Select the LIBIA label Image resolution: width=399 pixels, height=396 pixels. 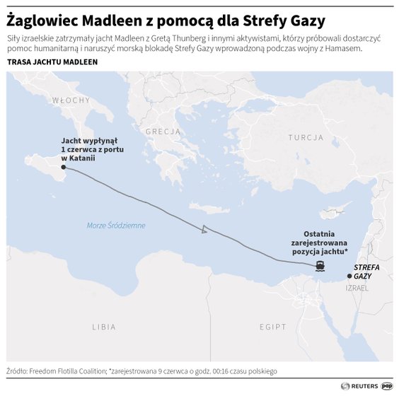[x=103, y=327]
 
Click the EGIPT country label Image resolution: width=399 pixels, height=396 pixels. [x=272, y=327]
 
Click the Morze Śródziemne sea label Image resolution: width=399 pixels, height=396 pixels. [x=115, y=226]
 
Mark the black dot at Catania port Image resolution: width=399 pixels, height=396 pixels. [x=64, y=168]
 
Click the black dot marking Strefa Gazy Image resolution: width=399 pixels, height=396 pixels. [x=348, y=276]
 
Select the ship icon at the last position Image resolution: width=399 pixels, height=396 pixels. [x=320, y=266]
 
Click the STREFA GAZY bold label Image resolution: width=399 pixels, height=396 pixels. [x=366, y=272]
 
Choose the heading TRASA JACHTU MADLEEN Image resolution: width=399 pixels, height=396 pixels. [x=52, y=62]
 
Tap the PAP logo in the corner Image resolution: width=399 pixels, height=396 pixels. [x=388, y=385]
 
